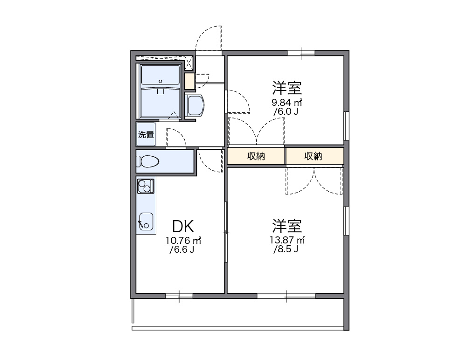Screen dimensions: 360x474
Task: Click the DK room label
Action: pos(183,227)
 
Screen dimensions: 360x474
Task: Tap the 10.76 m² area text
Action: pos(183,241)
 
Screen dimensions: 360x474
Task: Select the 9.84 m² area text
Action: pos(287,102)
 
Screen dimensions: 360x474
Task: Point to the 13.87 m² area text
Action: pos(287,240)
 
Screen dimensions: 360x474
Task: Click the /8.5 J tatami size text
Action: pos(286,249)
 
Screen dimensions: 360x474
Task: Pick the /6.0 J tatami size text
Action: pos(286,111)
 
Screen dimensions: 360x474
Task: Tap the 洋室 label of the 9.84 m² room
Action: pos(287,87)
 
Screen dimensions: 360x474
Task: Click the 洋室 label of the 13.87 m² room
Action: pos(287,226)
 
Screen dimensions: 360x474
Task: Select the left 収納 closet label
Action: pos(256,156)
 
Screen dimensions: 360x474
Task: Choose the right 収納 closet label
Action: pos(314,156)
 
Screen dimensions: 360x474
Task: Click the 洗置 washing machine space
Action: pos(146,135)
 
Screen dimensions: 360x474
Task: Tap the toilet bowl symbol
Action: pos(148,161)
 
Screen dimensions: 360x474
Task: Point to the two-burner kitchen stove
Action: pos(146,187)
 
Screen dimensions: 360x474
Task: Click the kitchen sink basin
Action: pos(146,221)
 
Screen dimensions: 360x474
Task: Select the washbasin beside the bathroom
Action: pos(195,105)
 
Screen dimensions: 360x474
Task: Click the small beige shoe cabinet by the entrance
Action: pos(189,82)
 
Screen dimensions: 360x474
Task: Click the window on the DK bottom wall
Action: pos(179,295)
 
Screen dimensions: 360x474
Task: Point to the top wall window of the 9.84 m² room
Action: pos(301,52)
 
